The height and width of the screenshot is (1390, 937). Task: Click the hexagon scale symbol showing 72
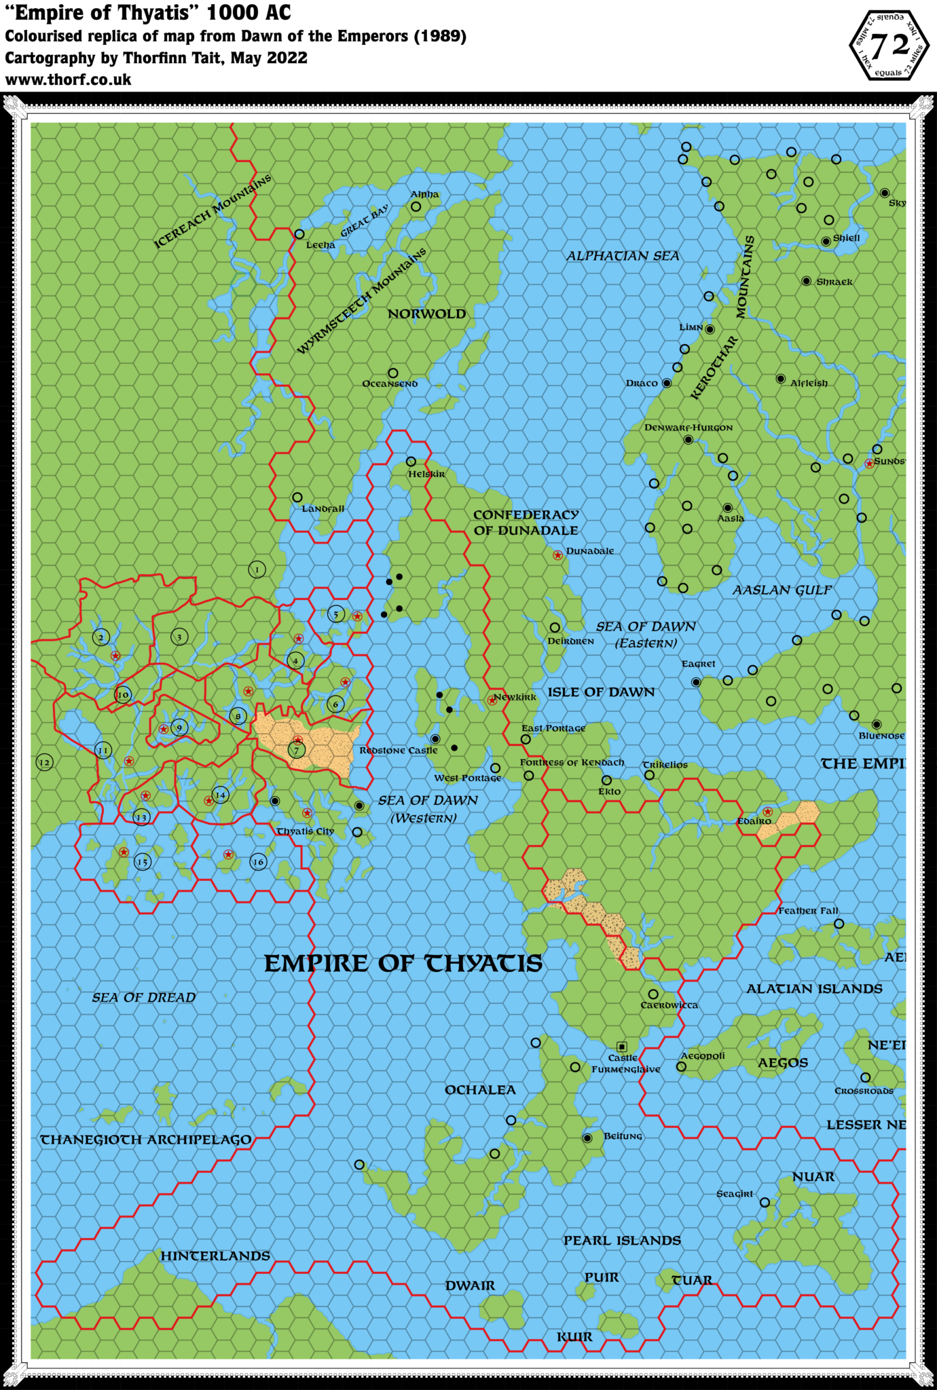(889, 45)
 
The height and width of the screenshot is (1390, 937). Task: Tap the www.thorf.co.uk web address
(69, 80)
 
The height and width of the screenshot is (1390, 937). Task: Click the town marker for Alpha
(416, 206)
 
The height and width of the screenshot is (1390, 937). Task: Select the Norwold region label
(426, 314)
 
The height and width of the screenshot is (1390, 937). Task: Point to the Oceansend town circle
(392, 373)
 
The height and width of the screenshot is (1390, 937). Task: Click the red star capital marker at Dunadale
(557, 555)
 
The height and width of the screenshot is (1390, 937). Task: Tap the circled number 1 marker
(257, 569)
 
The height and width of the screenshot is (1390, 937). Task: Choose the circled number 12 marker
(44, 762)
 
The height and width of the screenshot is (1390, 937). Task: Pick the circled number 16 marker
(258, 862)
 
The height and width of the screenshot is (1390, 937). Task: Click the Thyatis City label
(306, 831)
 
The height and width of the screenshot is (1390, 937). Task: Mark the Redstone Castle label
(399, 750)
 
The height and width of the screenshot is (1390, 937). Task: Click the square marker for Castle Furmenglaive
(621, 1047)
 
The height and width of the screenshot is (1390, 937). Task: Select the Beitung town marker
(587, 1138)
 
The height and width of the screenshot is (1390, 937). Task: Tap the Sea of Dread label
(144, 997)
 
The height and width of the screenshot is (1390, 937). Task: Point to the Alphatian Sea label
(623, 256)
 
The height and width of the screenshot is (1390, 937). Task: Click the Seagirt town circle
(765, 1202)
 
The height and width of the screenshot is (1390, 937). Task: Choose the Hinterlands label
(215, 1256)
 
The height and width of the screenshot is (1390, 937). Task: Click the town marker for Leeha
(299, 234)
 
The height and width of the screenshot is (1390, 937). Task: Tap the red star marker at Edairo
(767, 812)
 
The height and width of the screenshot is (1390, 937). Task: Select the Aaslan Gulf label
(782, 590)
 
